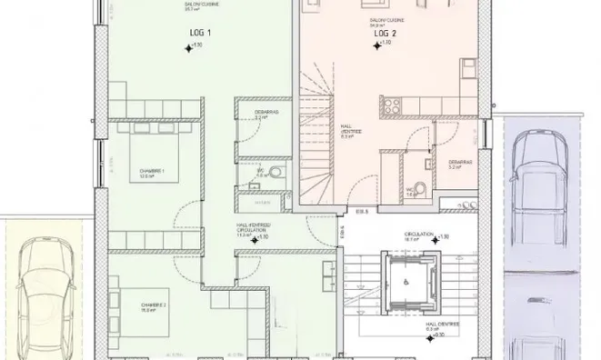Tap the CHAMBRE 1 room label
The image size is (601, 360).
click(151, 174)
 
